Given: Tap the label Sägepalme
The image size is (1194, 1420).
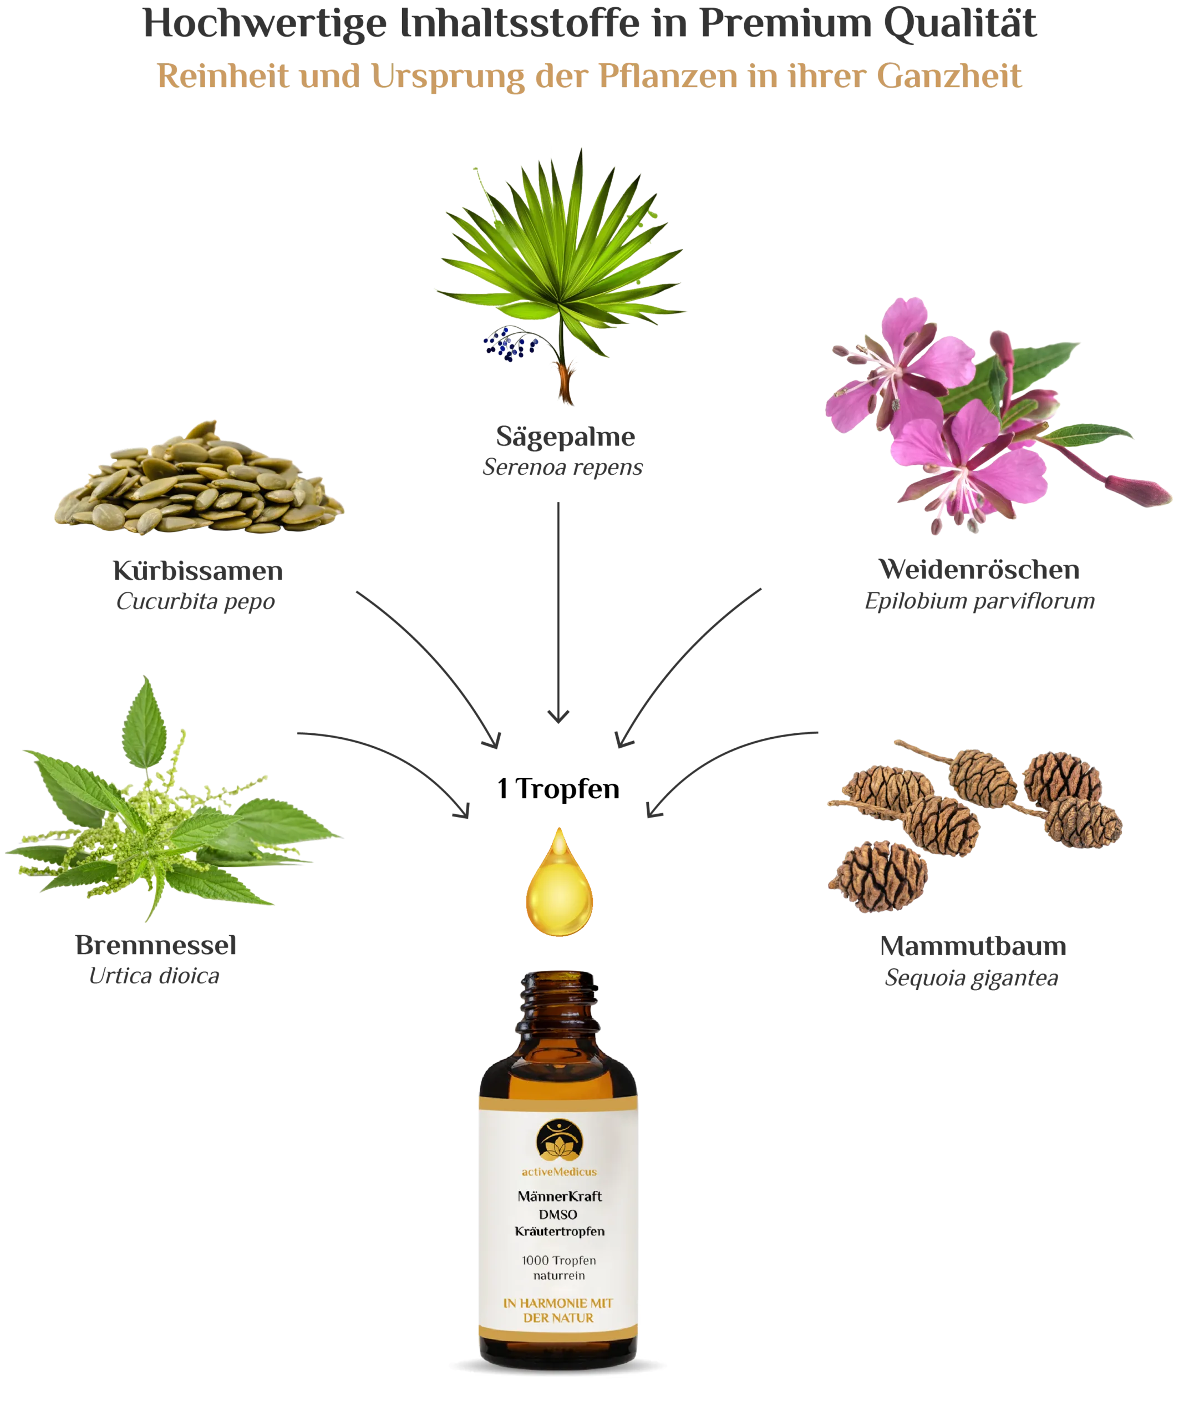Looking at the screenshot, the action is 565,437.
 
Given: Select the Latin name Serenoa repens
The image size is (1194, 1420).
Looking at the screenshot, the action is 562,467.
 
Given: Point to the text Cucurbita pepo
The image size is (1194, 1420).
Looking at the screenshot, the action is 196,601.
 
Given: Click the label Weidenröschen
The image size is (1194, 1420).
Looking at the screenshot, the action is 979,569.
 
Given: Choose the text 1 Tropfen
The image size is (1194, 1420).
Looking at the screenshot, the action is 558,789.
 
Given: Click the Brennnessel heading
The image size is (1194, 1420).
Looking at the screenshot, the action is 156,945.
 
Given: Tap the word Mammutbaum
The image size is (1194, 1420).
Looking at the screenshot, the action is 973,946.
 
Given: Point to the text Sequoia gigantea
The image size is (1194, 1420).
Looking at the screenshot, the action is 971,978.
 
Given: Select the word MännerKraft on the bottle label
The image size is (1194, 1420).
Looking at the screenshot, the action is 560,1196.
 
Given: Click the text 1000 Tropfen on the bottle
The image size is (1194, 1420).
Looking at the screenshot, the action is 559,1260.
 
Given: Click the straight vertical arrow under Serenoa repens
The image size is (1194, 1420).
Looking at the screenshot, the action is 558,612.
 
